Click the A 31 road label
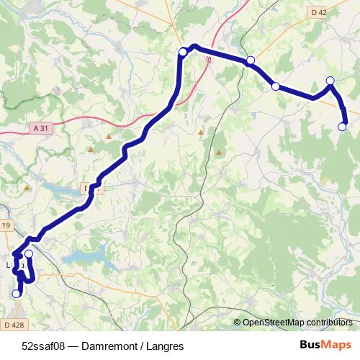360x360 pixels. click(42, 127)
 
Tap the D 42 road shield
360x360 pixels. click(320, 12)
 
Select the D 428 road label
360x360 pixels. click(12, 325)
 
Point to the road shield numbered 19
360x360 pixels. click(6, 226)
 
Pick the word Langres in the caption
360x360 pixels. click(165, 346)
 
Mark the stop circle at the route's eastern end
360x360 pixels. click(342, 127)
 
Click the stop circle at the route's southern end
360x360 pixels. click(17, 294)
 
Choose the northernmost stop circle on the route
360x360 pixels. click(183, 51)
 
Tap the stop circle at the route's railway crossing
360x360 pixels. click(250, 60)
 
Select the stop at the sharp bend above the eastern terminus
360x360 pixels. click(330, 81)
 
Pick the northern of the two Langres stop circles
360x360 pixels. click(29, 253)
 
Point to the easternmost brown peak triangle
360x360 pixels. click(218, 153)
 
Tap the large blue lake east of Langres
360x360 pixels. click(86, 257)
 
